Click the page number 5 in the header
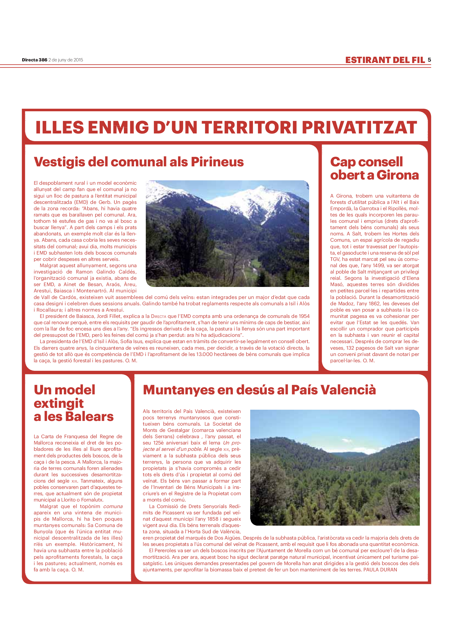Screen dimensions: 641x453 tap(429, 60)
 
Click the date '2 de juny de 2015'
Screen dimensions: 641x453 tap(65, 60)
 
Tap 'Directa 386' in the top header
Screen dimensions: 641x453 tap(35, 60)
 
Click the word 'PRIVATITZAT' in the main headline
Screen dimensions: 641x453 tap(359, 128)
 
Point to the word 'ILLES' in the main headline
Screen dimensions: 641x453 tap(60, 128)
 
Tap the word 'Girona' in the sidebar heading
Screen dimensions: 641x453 tap(398, 175)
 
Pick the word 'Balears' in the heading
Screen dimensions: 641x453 tap(89, 417)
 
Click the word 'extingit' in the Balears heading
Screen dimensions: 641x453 tap(59, 403)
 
